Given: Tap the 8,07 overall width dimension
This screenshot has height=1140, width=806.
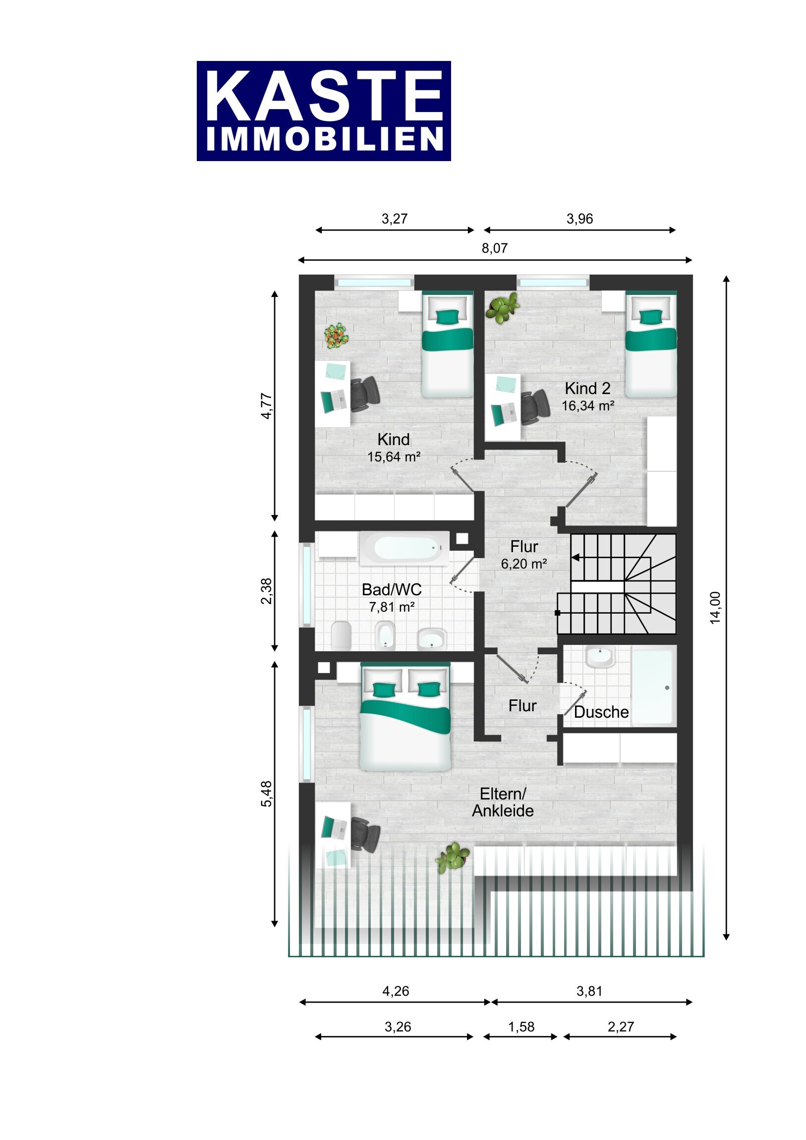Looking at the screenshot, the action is pos(495,248).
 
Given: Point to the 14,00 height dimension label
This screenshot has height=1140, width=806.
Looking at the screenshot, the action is pos(715,608).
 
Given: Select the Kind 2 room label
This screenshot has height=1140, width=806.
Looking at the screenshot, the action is pos(587,388).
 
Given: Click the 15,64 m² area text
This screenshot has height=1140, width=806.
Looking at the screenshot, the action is pos(394,457).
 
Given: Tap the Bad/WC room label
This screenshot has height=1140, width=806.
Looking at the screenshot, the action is pos(392,590).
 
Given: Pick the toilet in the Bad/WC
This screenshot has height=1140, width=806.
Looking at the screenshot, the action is pos(341,635).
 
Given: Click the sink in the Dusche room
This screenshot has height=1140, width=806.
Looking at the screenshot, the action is pos(600,657).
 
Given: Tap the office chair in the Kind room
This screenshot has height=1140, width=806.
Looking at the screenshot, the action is pos(365,394).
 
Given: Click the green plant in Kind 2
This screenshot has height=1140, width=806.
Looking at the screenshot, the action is pos(503,307).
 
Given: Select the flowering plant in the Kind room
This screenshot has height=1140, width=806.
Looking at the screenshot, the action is pos(336,335).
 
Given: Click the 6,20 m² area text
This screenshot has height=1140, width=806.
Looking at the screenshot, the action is pos(524,564).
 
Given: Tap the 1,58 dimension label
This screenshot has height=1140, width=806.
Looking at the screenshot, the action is pos(521,1027).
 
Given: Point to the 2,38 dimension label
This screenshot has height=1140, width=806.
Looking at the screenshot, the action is pos(267,591).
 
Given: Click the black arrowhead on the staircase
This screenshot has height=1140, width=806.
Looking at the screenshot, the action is pos(575,558).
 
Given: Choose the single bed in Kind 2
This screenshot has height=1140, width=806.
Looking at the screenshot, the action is pos(650,344).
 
